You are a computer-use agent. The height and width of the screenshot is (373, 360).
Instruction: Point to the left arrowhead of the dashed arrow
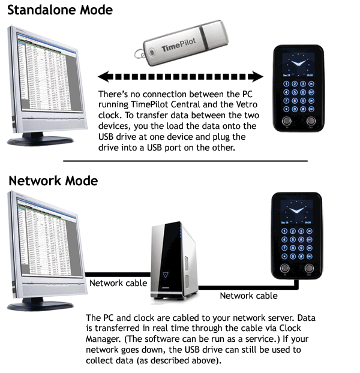coord(103,77)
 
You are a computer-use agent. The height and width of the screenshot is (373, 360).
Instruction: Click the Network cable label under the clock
coord(248,296)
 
